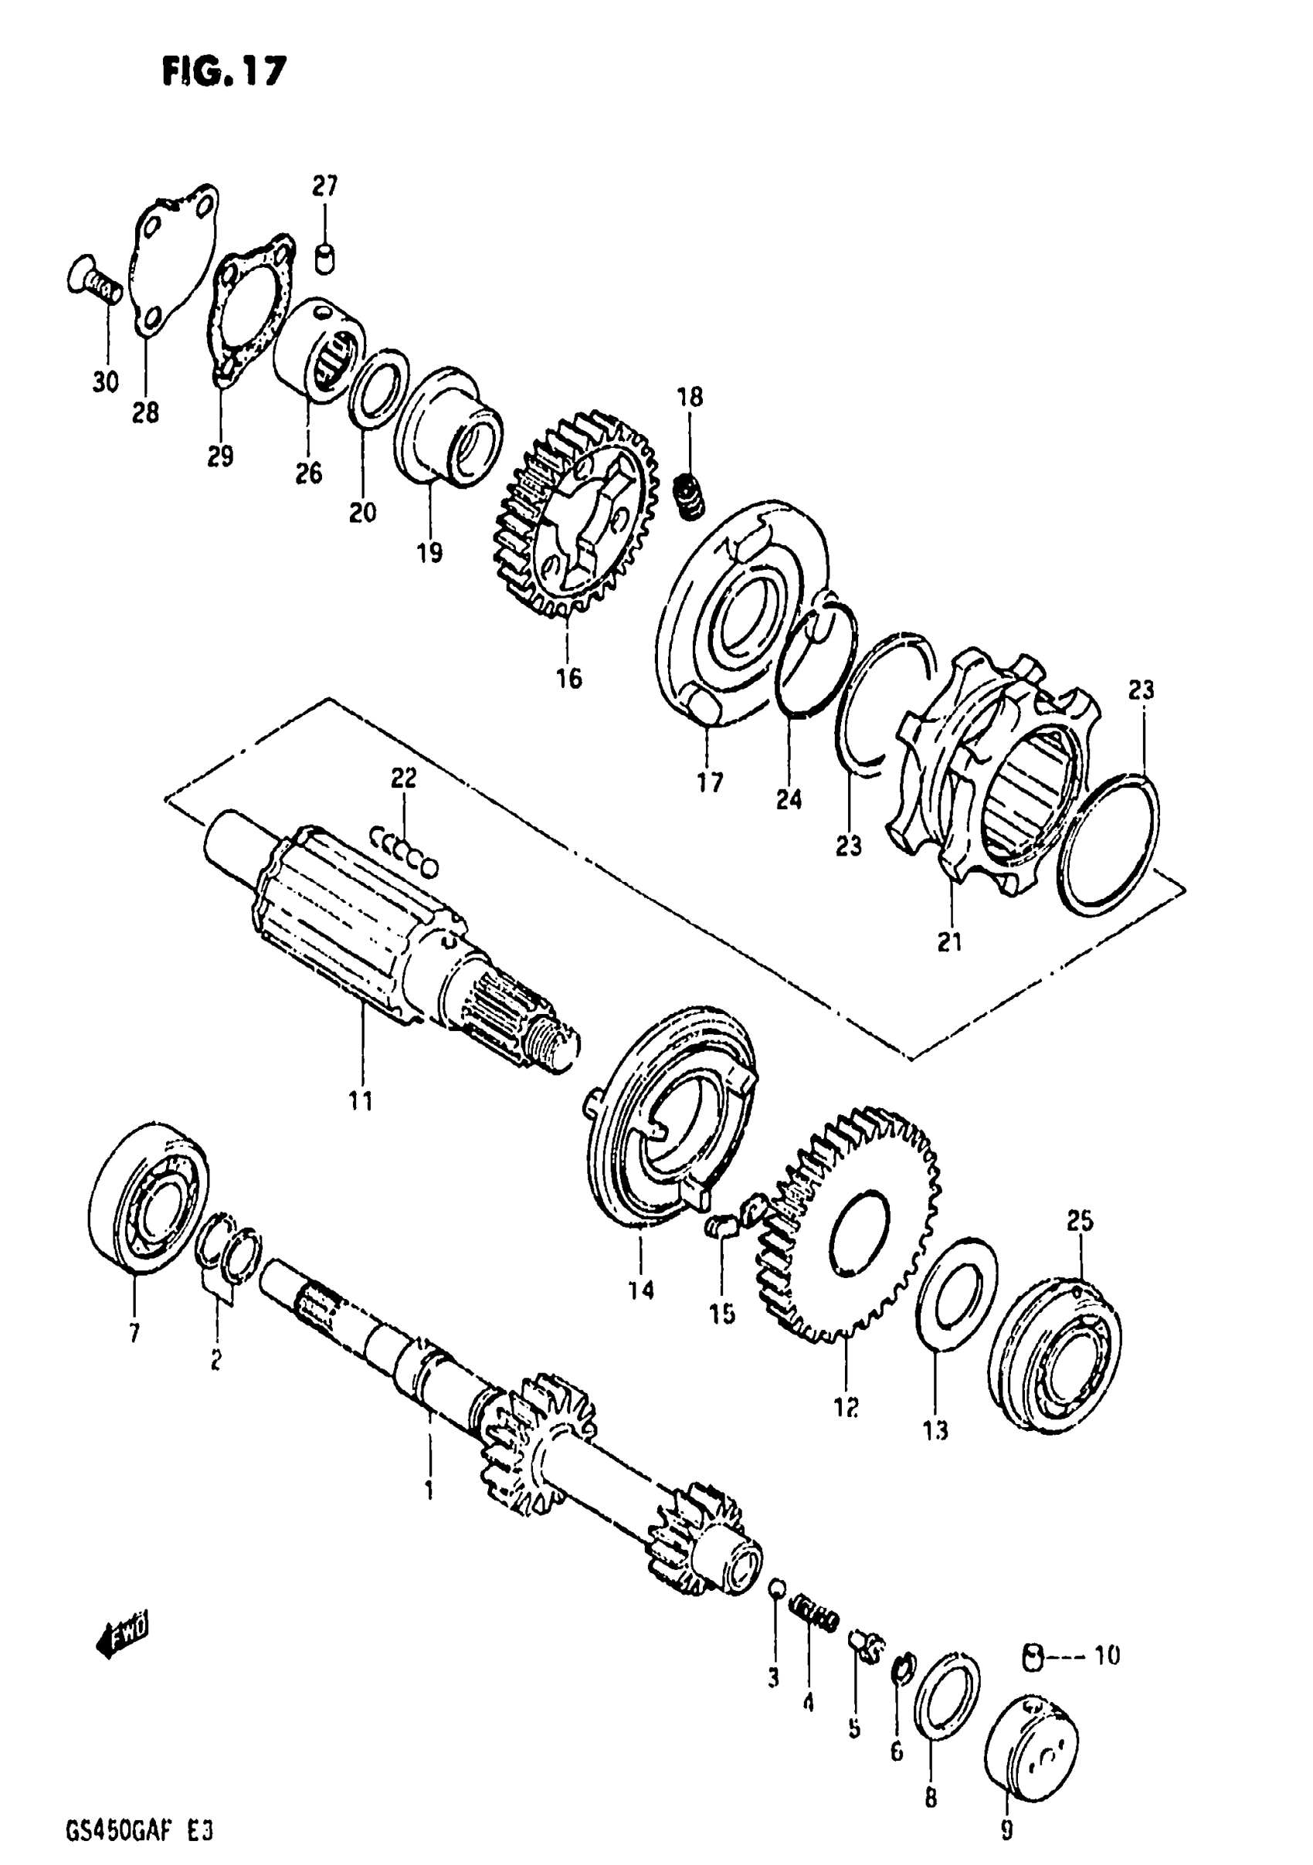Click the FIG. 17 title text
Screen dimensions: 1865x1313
click(224, 72)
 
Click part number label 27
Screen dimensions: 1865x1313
click(324, 186)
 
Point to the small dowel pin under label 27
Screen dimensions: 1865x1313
click(326, 260)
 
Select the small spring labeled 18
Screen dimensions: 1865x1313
click(690, 493)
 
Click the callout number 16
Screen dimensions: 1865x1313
click(568, 677)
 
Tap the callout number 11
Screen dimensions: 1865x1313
click(360, 1101)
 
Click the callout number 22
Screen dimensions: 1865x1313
click(403, 778)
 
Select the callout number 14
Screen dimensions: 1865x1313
click(640, 1289)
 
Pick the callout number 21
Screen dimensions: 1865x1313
click(949, 941)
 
